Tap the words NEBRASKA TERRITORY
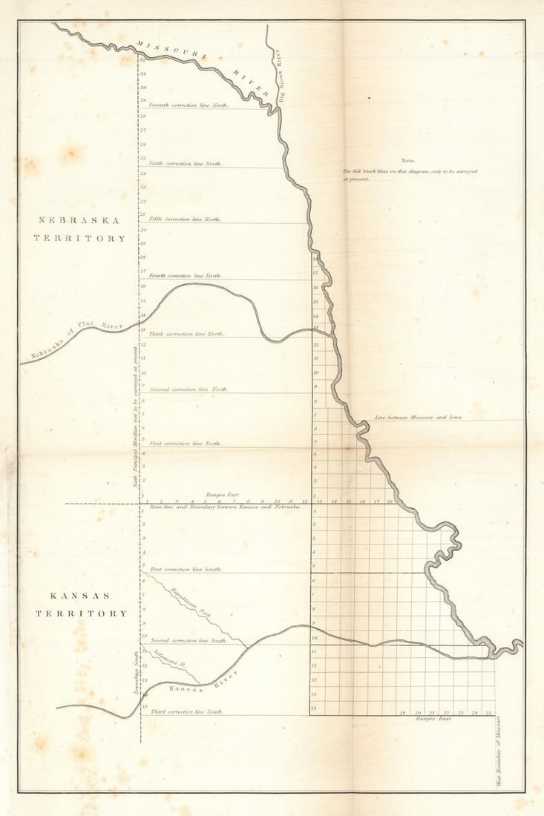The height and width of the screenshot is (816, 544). click(79, 229)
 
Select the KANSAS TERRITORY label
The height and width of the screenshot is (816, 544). click(81, 605)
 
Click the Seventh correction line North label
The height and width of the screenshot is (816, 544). click(188, 105)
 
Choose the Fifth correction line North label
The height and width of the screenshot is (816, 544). click(185, 220)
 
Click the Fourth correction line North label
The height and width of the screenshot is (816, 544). click(186, 275)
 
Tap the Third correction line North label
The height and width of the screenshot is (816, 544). click(186, 334)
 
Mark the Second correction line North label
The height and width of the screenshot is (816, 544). click(189, 389)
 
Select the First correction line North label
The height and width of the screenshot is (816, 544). click(185, 444)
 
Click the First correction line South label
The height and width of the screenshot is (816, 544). click(186, 569)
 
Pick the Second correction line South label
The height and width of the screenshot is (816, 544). click(188, 640)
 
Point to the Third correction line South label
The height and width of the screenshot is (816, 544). click(186, 711)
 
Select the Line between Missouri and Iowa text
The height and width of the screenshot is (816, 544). click(418, 418)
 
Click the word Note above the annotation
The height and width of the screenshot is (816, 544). click(408, 160)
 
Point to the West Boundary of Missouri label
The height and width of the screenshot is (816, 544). click(499, 751)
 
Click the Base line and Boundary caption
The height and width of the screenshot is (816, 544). click(224, 507)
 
